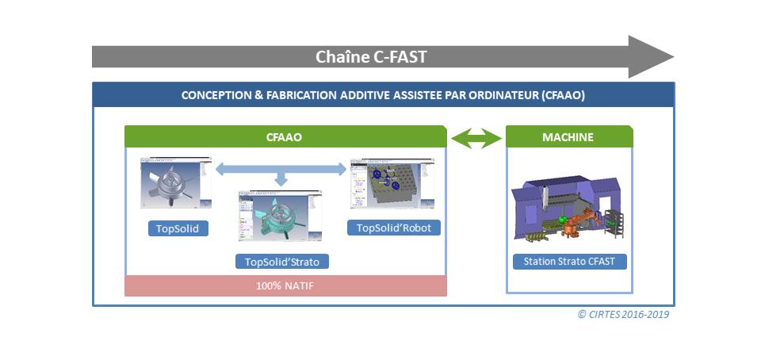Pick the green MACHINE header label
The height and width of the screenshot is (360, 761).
(x=568, y=137)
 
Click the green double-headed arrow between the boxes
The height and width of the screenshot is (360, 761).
(x=476, y=139)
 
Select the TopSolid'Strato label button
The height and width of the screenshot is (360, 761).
(x=281, y=261)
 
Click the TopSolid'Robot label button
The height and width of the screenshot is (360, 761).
(x=393, y=228)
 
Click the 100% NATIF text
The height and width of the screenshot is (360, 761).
(x=285, y=285)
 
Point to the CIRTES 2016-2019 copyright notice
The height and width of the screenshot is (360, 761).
(x=623, y=314)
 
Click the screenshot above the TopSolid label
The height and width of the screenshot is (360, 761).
(x=176, y=183)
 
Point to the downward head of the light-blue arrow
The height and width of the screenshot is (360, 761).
(x=280, y=182)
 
